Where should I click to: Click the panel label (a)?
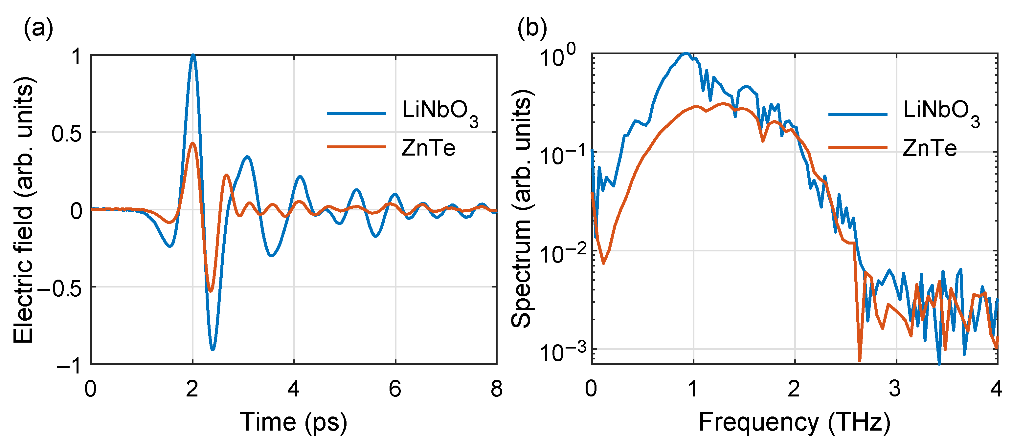(x=38, y=28)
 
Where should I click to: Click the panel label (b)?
(x=531, y=28)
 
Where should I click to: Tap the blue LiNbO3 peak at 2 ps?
(x=192, y=56)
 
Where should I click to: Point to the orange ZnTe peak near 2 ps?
(x=192, y=144)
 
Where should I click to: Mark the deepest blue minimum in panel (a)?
(x=213, y=349)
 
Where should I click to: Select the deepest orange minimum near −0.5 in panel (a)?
(x=211, y=291)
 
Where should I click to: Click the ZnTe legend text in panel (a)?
(x=428, y=148)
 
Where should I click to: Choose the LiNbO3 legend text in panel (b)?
(x=941, y=112)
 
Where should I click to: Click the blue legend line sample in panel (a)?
(x=356, y=114)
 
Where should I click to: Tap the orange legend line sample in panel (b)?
(x=858, y=147)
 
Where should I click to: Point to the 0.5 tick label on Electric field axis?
(x=66, y=134)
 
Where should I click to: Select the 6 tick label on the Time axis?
(x=395, y=389)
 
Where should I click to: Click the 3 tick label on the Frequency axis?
(x=895, y=389)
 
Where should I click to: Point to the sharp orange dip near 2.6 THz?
(x=860, y=359)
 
